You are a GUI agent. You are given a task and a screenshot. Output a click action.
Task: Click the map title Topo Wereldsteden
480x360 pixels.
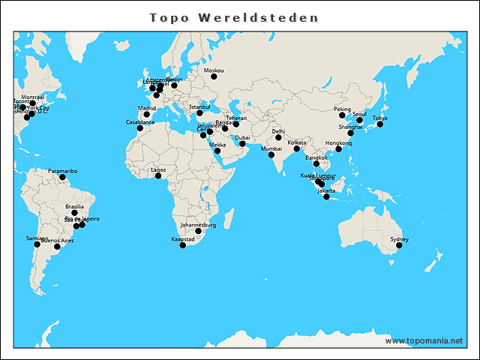233,17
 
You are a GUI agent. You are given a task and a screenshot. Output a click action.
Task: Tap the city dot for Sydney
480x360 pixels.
399,245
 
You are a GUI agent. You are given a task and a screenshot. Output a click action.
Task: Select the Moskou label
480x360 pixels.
214,70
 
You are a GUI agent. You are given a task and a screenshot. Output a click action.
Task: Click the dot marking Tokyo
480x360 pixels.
380,124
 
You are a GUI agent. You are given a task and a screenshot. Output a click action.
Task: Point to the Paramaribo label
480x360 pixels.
63,171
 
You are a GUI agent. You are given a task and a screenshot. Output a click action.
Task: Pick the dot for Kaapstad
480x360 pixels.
183,245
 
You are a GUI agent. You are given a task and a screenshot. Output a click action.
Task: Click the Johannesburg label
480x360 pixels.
198,225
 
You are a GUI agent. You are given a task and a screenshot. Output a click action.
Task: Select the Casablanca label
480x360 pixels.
140,121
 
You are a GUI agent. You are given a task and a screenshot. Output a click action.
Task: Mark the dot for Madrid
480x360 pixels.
147,115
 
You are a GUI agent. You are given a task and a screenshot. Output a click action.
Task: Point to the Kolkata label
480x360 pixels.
297,142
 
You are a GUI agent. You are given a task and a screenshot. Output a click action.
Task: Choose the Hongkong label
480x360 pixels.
339,142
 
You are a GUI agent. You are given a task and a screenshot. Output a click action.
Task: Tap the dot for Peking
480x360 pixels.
342,115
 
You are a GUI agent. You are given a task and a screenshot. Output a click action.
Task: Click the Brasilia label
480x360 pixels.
74,206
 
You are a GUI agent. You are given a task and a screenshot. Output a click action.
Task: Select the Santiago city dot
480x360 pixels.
37,244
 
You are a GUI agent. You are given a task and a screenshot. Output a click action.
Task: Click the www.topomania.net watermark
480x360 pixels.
424,340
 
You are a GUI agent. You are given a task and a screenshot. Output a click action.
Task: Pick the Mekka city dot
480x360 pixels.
217,151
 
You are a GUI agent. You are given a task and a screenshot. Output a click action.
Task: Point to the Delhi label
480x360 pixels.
278,131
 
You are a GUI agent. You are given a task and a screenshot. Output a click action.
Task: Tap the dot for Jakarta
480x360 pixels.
326,196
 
